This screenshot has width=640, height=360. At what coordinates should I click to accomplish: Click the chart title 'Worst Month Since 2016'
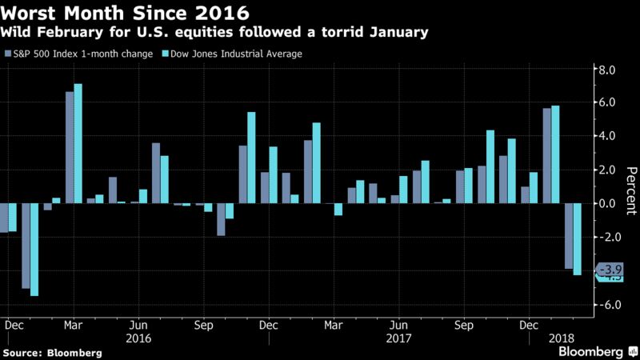124,14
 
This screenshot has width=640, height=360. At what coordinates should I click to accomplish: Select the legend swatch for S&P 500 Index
8,54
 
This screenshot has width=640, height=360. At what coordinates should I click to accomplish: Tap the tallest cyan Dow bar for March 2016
78,143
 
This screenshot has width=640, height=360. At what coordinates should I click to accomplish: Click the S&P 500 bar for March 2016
70,147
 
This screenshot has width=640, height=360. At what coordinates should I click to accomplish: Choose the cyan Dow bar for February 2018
577,239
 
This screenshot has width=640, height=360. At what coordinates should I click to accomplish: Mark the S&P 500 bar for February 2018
568,236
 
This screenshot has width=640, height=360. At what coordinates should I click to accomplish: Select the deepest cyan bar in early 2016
34,250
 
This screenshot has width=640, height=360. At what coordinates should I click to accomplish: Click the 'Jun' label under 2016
137,326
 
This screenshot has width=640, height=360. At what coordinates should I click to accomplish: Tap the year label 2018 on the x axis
562,338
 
